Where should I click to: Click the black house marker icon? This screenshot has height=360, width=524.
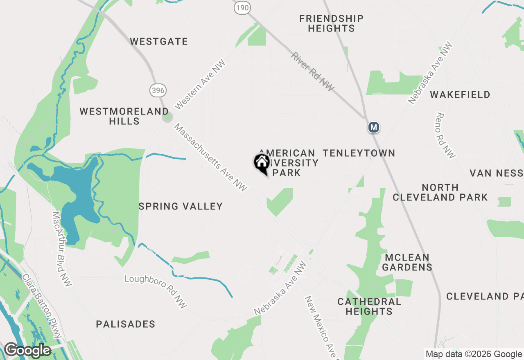(262, 163)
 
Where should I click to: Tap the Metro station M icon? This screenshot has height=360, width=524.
(373, 127)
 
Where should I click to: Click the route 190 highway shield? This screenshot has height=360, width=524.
(242, 7)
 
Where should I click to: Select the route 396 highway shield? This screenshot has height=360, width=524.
(158, 90)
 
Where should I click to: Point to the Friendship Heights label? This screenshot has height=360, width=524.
(331, 23)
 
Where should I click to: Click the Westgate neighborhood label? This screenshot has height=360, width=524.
(159, 41)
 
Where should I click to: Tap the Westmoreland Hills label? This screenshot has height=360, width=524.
(124, 116)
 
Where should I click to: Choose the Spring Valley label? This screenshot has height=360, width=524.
(181, 206)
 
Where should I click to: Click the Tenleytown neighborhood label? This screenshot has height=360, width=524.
(359, 153)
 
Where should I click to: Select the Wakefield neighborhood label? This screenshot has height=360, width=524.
(460, 94)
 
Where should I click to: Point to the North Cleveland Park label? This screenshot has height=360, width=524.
(440, 192)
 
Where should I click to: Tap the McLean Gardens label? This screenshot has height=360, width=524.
(407, 262)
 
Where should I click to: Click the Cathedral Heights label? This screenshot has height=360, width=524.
(369, 306)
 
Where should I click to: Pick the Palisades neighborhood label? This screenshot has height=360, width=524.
(126, 324)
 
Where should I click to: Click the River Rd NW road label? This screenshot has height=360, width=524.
(313, 72)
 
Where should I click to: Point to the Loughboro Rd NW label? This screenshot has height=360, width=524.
(156, 291)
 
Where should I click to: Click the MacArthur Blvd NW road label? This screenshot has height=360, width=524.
(62, 249)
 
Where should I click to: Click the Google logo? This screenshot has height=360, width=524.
(27, 350)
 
